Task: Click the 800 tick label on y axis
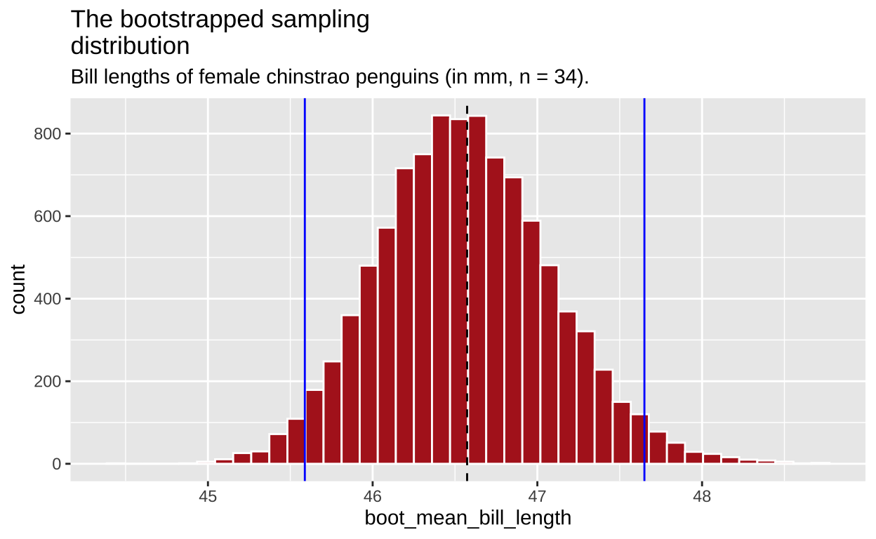click(x=47, y=134)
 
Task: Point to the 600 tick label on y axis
click(x=47, y=216)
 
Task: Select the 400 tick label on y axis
click(x=47, y=299)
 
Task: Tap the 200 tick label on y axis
click(x=47, y=382)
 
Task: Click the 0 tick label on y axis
click(x=57, y=465)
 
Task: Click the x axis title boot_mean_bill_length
click(x=467, y=519)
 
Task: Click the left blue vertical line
click(x=305, y=281)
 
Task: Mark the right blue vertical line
click(x=644, y=281)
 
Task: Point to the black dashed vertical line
click(x=467, y=281)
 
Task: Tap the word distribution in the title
click(x=130, y=46)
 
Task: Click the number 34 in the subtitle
click(x=567, y=76)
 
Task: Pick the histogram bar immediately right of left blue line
click(x=314, y=427)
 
